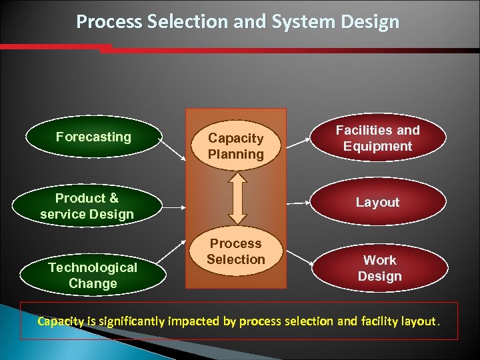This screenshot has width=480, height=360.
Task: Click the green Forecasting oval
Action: [93, 137]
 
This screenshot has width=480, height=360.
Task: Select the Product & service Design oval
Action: [87, 206]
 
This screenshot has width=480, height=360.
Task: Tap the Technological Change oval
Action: [93, 275]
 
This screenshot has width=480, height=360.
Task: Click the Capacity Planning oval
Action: [235, 146]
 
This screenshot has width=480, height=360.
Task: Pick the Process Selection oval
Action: [235, 251]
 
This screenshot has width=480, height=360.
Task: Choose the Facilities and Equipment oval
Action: [377, 138]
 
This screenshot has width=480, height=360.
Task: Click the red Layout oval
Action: [377, 202]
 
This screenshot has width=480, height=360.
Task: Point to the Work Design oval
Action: [379, 268]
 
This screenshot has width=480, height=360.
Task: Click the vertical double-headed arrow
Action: [237, 198]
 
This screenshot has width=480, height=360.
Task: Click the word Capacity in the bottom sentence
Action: [61, 321]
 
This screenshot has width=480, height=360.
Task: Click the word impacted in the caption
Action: [197, 321]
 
